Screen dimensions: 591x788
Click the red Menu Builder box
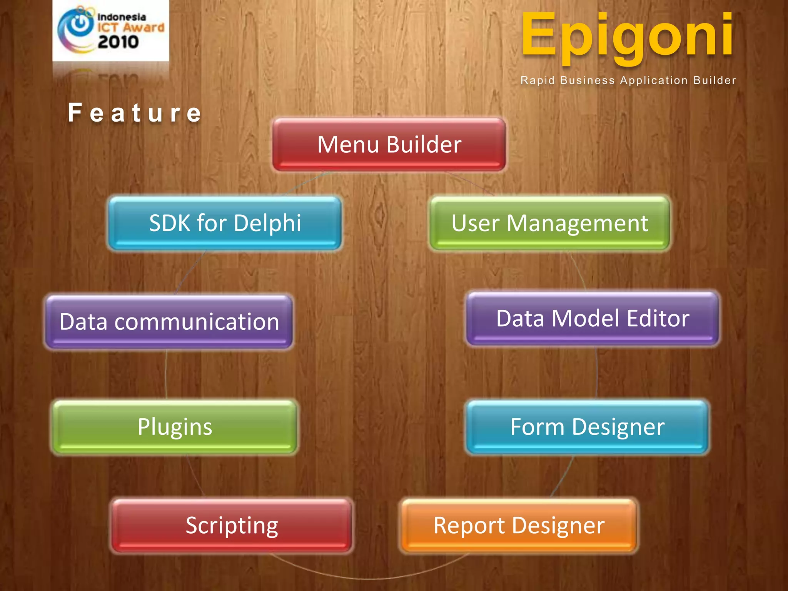point(389,145)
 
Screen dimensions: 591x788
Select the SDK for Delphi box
point(225,223)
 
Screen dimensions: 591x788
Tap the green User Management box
point(549,223)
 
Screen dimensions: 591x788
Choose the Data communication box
point(169,322)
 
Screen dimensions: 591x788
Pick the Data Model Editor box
point(593,319)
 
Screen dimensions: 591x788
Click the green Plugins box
point(175,427)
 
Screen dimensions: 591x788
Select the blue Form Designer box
point(587,427)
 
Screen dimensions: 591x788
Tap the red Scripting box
point(232,526)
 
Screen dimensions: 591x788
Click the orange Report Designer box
point(519,526)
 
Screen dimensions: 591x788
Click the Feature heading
point(135,113)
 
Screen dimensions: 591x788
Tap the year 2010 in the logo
point(118,42)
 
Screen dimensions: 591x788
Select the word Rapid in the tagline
point(538,80)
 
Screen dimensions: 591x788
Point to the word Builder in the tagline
point(715,80)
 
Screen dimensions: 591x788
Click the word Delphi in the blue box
point(267,223)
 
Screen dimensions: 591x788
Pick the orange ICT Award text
point(131,28)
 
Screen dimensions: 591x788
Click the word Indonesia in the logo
point(122,17)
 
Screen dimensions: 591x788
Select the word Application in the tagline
point(654,80)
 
